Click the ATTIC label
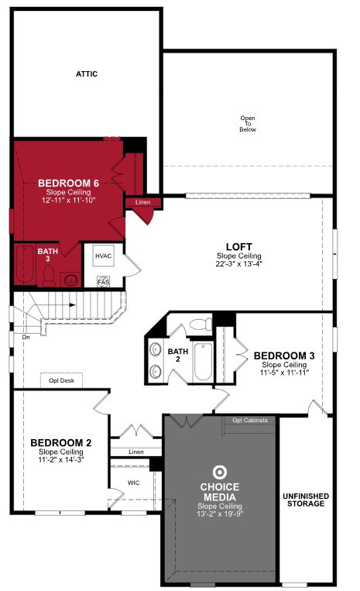click(x=87, y=74)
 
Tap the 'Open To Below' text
click(x=248, y=124)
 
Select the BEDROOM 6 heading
click(x=69, y=183)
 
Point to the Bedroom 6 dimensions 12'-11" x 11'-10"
click(x=69, y=200)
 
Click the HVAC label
click(x=103, y=256)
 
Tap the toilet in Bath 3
click(x=49, y=275)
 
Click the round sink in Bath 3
click(x=71, y=280)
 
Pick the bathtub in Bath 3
click(x=25, y=265)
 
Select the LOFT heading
click(x=239, y=247)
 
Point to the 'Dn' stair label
click(x=26, y=338)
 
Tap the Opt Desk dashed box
click(x=61, y=380)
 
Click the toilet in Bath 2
click(x=201, y=324)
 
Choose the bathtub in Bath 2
click(x=204, y=362)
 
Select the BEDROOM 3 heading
click(x=284, y=356)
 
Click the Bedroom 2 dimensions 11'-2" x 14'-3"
click(x=61, y=459)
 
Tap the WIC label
click(x=134, y=483)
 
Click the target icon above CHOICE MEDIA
click(x=220, y=472)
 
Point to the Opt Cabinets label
click(x=250, y=421)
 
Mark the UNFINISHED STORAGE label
click(x=306, y=500)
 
